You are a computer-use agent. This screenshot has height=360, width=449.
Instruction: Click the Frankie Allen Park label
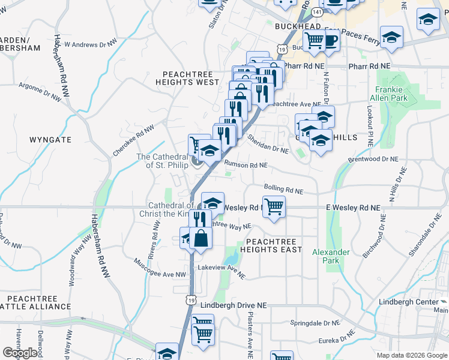point(391,93)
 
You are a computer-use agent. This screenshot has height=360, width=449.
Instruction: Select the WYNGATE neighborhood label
point(50,139)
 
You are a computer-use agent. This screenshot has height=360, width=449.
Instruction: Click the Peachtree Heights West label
point(187,77)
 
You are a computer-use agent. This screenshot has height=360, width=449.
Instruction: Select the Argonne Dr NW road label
point(40,91)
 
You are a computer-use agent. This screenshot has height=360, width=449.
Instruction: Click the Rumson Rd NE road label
point(246,164)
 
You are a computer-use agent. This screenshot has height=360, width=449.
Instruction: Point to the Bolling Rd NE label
point(283,189)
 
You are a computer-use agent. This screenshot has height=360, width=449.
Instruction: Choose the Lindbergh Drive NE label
point(233,305)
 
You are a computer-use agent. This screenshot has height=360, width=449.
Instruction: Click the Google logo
point(20,353)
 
